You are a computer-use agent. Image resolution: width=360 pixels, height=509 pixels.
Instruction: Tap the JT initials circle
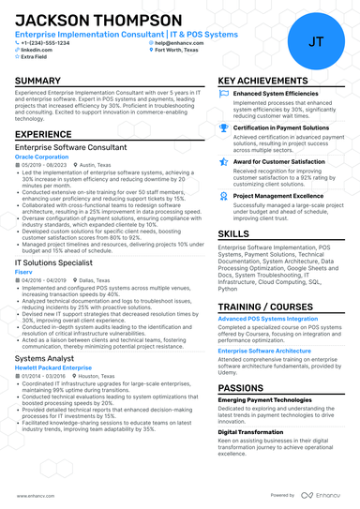tap(315, 40)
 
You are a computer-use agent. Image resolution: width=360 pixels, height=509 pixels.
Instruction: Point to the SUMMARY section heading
tap(38, 82)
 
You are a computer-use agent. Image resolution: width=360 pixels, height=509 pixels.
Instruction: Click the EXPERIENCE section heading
tap(43, 135)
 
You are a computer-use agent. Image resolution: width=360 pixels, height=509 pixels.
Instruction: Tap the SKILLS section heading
tap(233, 232)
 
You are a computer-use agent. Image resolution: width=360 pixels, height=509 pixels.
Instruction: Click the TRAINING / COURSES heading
tap(263, 307)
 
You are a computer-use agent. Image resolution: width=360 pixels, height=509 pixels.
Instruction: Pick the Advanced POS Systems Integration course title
tap(268, 319)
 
